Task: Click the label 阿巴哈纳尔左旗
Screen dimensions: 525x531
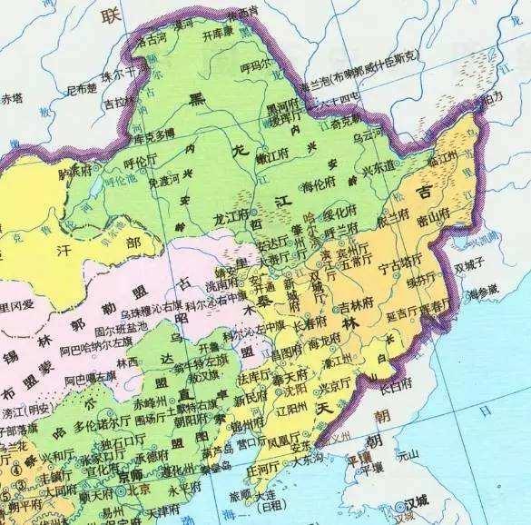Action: coord(90,374)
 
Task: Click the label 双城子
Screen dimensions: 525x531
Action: coord(472,267)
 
